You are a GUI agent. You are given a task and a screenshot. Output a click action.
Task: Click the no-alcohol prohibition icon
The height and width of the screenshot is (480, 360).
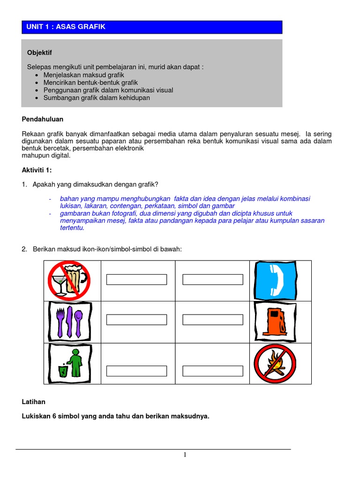(68, 280)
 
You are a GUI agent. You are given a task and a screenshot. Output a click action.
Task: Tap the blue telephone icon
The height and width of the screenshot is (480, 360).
(275, 280)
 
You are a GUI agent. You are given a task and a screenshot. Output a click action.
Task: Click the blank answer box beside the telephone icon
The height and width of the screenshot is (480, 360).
(213, 280)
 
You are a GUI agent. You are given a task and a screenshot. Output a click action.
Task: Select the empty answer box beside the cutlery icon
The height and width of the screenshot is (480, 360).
(136, 320)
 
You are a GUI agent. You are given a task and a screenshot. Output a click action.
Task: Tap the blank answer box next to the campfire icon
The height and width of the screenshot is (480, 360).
(213, 371)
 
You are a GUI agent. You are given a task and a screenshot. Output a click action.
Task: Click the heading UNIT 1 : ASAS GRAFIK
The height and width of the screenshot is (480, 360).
(66, 27)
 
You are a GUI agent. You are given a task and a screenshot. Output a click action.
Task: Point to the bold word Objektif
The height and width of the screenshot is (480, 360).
(40, 52)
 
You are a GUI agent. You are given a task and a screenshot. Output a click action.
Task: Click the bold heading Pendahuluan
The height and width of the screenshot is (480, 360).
(42, 120)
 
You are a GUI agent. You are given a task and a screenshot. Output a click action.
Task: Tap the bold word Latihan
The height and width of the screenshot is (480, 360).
(34, 402)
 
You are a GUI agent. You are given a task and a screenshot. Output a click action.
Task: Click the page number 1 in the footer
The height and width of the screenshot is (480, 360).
(185, 455)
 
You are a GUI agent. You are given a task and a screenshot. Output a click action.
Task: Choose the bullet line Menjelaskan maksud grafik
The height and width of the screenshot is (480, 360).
(84, 75)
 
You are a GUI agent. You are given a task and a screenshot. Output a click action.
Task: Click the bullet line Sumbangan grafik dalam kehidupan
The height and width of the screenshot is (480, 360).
(97, 97)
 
